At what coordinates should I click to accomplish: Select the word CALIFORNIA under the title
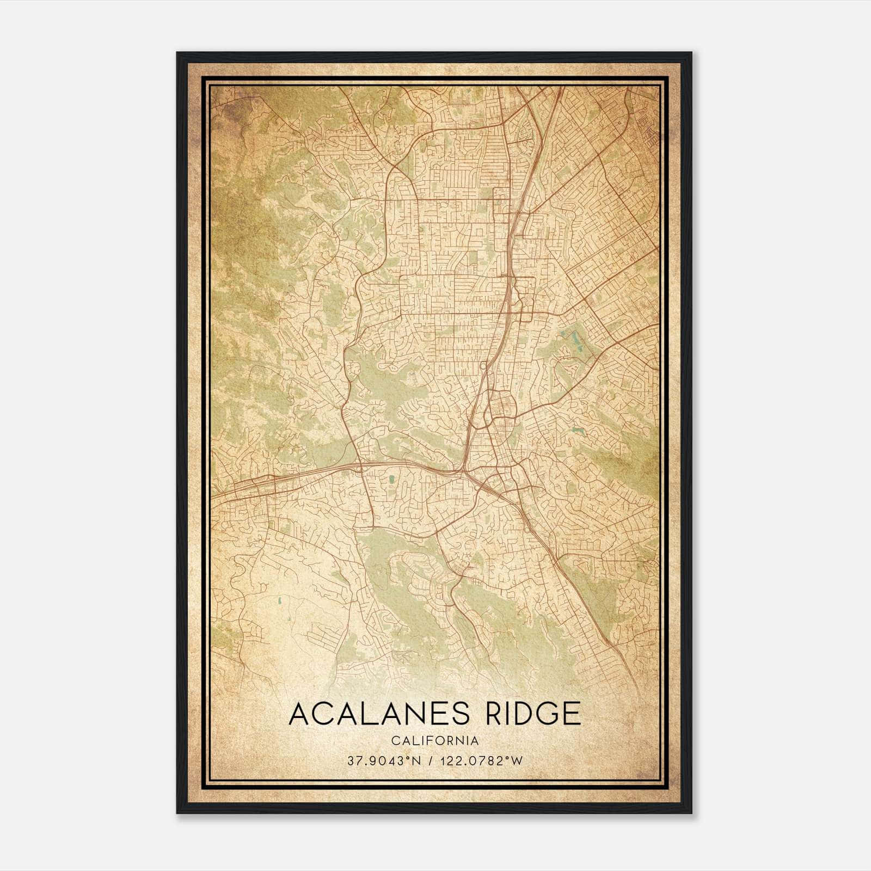(x=435, y=741)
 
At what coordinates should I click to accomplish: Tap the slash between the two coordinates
(x=432, y=761)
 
